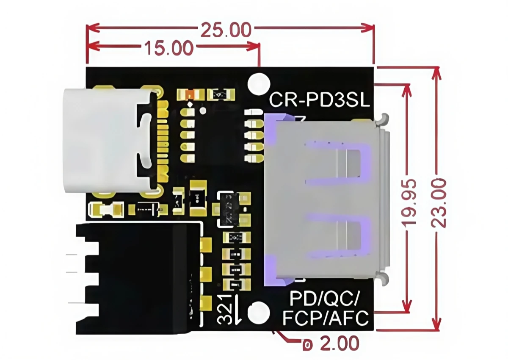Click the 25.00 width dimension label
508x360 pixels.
[226, 30]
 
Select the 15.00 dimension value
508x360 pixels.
[169, 48]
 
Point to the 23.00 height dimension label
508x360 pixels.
[439, 202]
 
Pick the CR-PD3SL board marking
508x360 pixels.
[320, 101]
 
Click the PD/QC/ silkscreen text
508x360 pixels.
[324, 299]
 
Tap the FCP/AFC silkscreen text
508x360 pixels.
[325, 318]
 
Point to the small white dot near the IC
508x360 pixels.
[203, 111]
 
